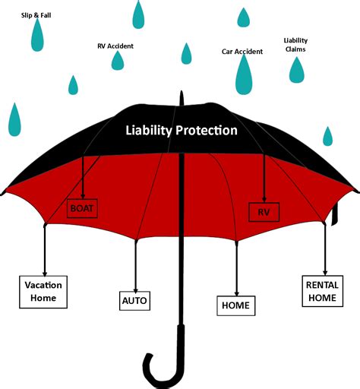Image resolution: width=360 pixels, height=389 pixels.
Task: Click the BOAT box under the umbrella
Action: [82, 208]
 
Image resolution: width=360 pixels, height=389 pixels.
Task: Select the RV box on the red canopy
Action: [264, 212]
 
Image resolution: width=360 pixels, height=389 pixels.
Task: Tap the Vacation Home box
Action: [43, 292]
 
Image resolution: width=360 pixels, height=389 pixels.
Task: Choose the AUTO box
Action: [134, 301]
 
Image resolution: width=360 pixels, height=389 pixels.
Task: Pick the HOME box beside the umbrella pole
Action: [236, 305]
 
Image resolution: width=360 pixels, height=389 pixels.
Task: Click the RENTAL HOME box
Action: [323, 291]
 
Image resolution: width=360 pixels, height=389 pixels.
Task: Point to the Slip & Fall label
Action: [36, 15]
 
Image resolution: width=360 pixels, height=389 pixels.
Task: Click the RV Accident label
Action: [115, 46]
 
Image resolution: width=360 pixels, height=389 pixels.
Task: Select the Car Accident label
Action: [242, 52]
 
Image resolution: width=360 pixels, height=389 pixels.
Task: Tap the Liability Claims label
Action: [295, 45]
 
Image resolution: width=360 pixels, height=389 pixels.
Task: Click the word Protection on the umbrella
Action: [207, 131]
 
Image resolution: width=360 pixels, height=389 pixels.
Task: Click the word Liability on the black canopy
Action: [149, 131]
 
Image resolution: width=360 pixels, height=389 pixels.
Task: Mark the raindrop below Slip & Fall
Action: [37, 36]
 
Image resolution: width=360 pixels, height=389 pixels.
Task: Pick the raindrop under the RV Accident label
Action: [118, 61]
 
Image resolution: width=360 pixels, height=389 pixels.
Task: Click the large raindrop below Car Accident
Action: [244, 74]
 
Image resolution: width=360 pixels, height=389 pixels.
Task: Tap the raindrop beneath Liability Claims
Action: [297, 71]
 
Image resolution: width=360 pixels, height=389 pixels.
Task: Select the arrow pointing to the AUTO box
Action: [136, 267]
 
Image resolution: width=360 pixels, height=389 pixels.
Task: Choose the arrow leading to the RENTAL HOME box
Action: [325, 250]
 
